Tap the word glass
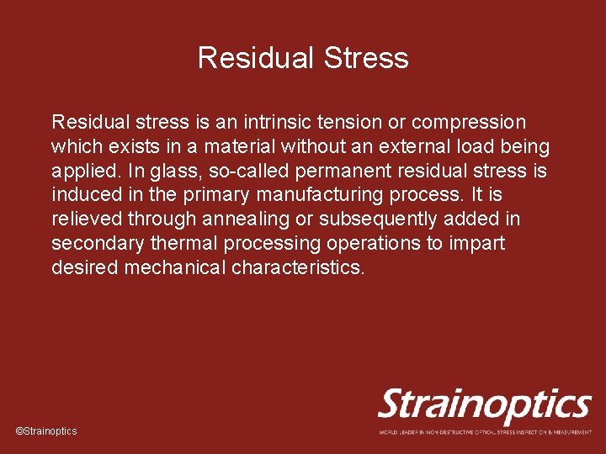coord(171,172)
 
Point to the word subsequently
coord(383,220)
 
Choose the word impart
coord(476,245)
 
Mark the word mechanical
coord(174,268)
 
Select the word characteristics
coord(298,268)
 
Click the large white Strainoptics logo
coord(484,406)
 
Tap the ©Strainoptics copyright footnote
coord(46,430)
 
